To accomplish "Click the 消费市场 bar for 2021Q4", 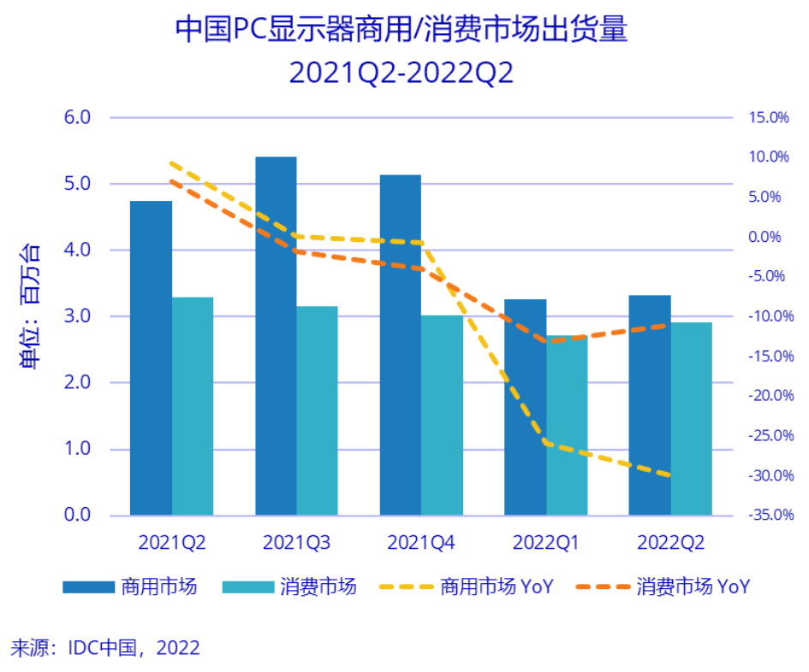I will click(442, 415).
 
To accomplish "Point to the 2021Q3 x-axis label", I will click(296, 542).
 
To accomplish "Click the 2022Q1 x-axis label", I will click(545, 542).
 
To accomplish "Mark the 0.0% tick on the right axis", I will click(768, 237).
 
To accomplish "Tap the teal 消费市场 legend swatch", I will click(247, 587).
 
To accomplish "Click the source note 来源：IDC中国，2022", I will click(104, 647).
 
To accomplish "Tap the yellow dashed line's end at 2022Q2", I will click(669, 475).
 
